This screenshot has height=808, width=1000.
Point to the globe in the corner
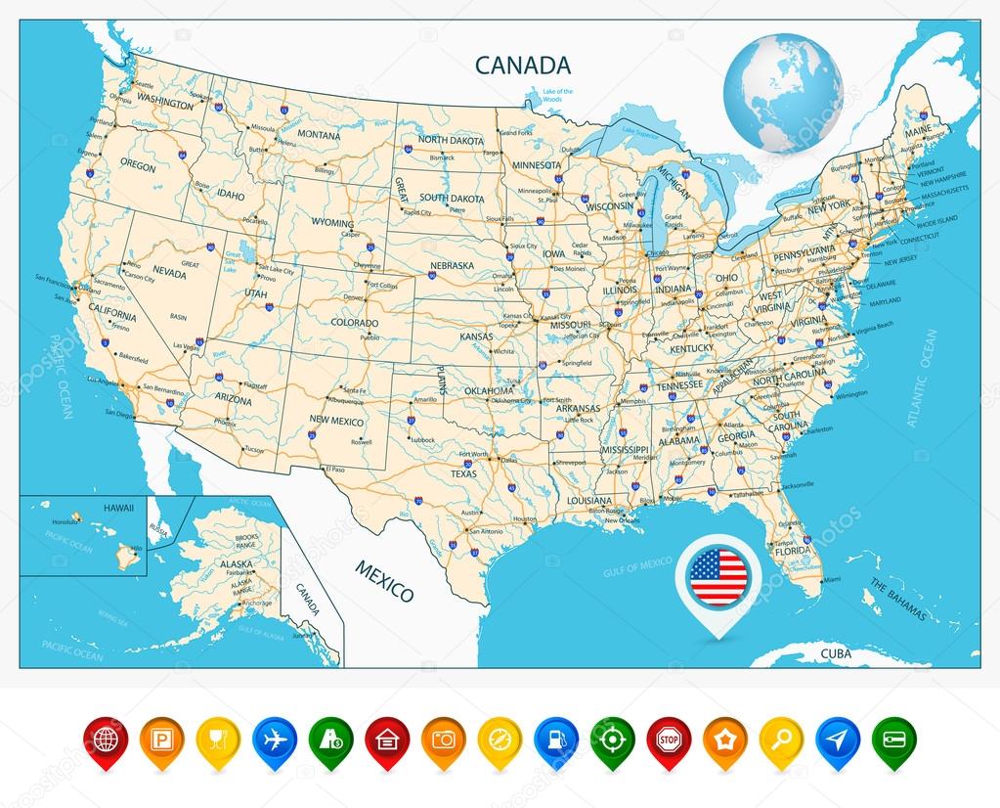782,92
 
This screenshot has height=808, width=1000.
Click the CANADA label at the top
522,66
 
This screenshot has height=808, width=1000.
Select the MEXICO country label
384,581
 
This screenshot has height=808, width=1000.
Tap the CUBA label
835,653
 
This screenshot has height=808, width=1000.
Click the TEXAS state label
463,473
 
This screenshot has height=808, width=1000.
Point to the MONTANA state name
318,134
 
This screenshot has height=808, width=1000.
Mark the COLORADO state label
354,323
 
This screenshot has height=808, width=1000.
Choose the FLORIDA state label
792,551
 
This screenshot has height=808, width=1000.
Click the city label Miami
831,580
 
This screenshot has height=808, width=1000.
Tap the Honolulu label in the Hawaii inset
65,521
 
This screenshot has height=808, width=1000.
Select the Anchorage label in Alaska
257,603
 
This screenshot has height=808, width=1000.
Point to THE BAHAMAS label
896,598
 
